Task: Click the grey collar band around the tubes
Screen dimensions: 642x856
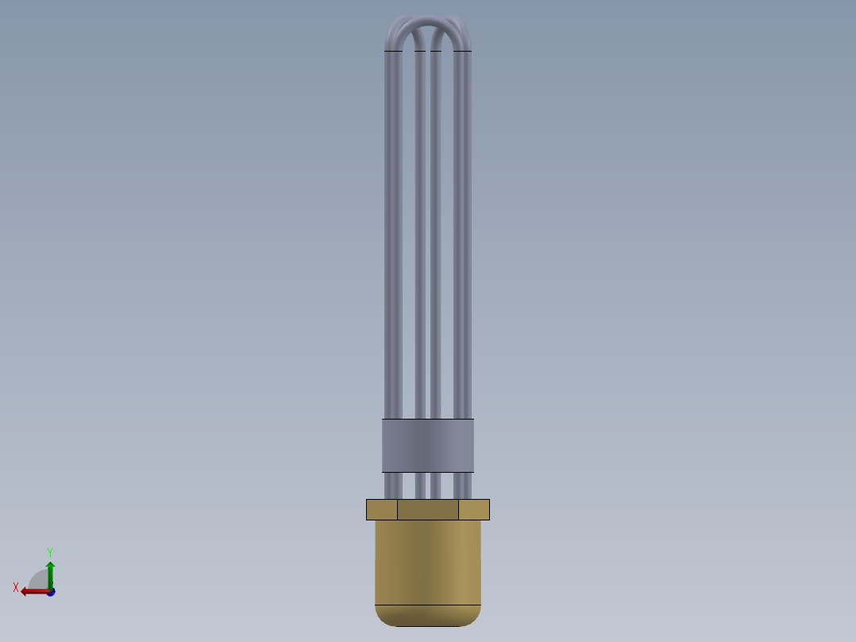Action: click(x=428, y=446)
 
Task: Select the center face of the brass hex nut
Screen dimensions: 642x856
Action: click(x=428, y=509)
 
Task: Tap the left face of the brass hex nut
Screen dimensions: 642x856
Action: click(x=382, y=509)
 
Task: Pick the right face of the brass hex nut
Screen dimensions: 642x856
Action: click(x=474, y=509)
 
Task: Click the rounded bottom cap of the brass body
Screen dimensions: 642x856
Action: click(x=428, y=616)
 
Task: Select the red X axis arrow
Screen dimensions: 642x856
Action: click(x=33, y=591)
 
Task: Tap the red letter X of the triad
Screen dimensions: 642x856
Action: click(x=16, y=588)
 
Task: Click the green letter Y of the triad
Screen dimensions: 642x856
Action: click(x=49, y=551)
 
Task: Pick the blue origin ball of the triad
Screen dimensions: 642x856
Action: click(x=51, y=592)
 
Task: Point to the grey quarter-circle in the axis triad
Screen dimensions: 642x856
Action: click(x=39, y=580)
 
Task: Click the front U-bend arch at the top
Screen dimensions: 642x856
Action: click(x=428, y=28)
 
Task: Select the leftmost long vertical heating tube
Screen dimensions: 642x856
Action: click(x=392, y=238)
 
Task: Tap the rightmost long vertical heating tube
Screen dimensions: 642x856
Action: click(x=464, y=238)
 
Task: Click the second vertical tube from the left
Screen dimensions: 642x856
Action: click(x=420, y=238)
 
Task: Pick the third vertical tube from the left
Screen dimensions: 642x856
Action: click(x=436, y=238)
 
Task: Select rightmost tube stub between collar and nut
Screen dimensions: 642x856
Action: click(x=464, y=485)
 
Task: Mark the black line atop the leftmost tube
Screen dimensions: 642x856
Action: click(x=392, y=51)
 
